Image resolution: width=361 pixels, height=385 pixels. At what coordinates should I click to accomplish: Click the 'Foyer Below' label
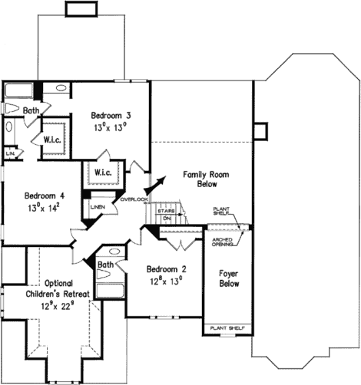[228, 277]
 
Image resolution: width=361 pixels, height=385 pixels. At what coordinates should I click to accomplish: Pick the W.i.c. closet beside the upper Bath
[53, 140]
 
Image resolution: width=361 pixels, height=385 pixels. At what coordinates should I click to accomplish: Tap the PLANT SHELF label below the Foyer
[227, 327]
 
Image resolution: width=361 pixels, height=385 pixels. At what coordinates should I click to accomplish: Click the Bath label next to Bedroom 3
[30, 111]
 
